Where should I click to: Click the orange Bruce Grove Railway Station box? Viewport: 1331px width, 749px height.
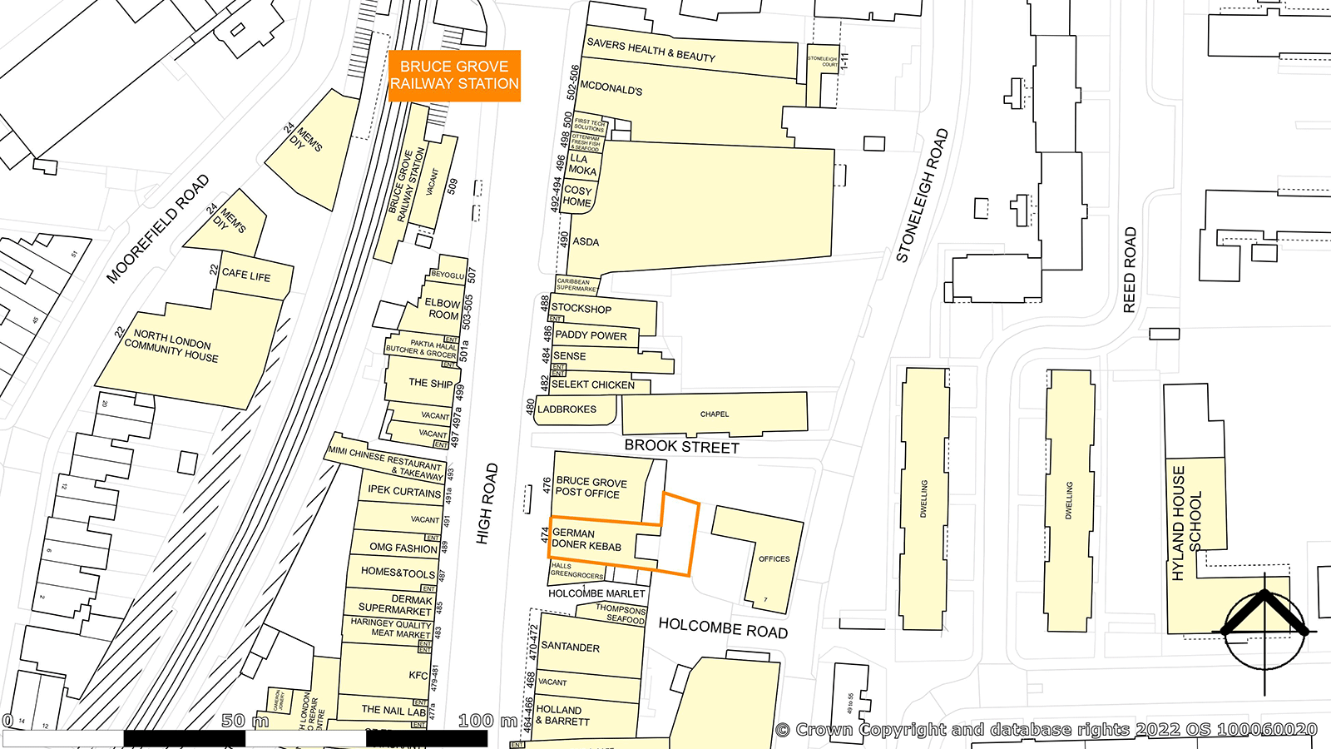tap(454, 76)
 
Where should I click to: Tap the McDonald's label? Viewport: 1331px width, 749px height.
tap(611, 88)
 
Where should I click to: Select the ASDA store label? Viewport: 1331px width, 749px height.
tap(586, 241)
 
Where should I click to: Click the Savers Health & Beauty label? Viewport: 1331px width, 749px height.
tap(651, 50)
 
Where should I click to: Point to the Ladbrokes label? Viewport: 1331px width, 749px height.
tap(567, 409)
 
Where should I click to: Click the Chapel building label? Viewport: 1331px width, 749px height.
tap(714, 414)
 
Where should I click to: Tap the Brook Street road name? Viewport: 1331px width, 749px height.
tap(681, 446)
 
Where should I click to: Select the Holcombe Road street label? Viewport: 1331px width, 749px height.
tap(723, 628)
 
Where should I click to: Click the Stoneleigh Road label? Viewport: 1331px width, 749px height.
tap(922, 196)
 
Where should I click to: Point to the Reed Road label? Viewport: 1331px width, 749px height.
tap(1129, 270)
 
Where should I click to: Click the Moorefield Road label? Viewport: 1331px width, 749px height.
tap(158, 229)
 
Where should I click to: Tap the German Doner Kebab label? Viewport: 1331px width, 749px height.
tap(586, 539)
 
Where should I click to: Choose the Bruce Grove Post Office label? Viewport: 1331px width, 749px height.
tap(591, 487)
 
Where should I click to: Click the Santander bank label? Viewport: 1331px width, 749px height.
tap(570, 647)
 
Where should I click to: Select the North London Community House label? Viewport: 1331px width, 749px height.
tap(172, 346)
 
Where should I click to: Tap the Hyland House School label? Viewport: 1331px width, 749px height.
tap(1186, 523)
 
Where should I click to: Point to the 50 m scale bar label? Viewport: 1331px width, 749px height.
tap(245, 721)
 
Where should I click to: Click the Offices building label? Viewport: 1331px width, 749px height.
tap(774, 559)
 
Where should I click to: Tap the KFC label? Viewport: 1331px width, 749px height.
tap(418, 675)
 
